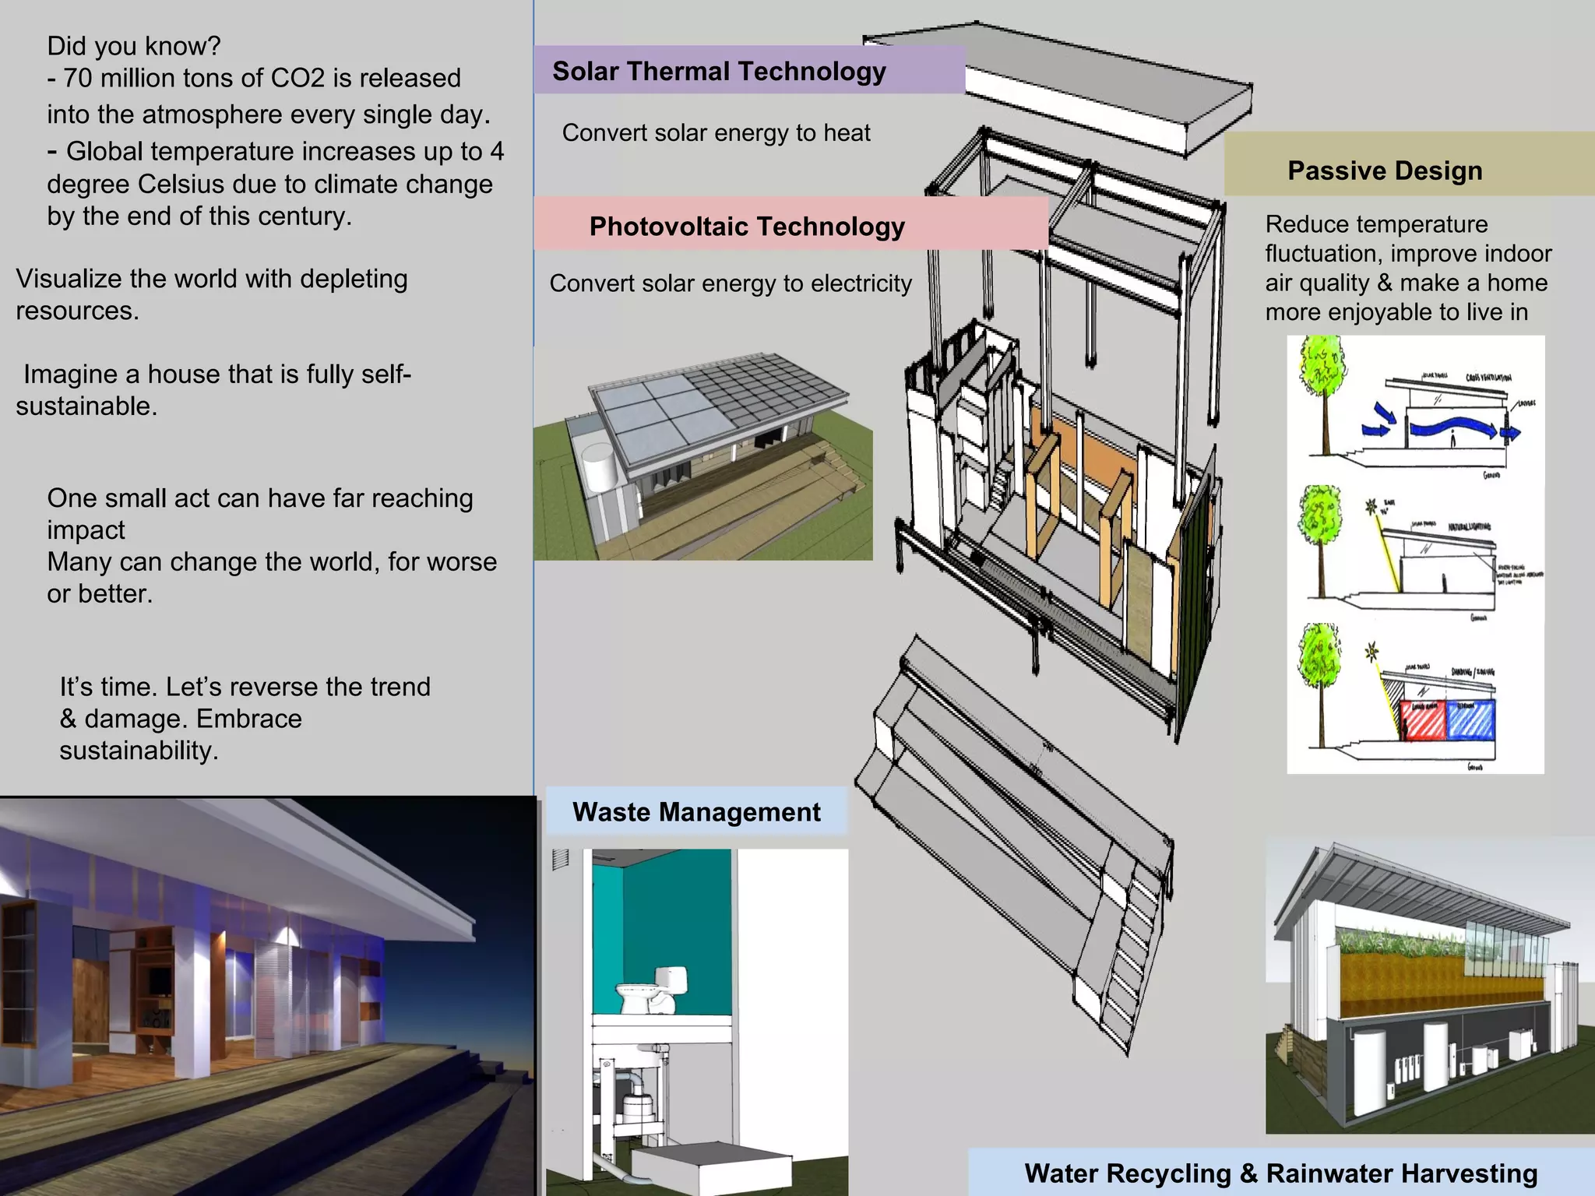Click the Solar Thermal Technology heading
[x=719, y=72]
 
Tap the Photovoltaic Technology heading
[x=747, y=227]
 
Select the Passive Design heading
[x=1385, y=171]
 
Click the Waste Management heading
[x=696, y=812]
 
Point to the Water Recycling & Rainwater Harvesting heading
[x=1281, y=1173]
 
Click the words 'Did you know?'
[x=134, y=46]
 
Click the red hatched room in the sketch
[x=1421, y=720]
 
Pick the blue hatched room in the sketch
[x=1470, y=720]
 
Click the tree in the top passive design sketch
[x=1322, y=374]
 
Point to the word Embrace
[x=248, y=719]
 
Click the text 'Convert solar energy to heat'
[x=716, y=133]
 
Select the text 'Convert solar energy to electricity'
[x=730, y=283]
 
